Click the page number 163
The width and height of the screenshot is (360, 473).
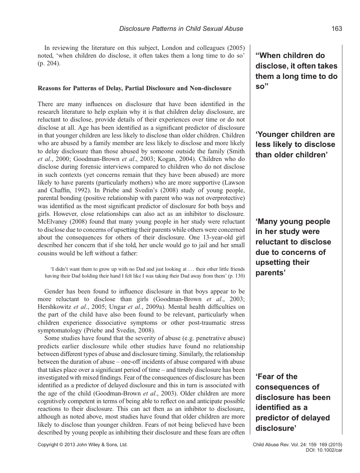[336, 29]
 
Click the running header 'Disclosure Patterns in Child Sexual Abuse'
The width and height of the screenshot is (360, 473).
[181, 29]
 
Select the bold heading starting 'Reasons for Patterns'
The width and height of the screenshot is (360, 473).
[135, 88]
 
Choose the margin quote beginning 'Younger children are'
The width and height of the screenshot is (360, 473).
[295, 145]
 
